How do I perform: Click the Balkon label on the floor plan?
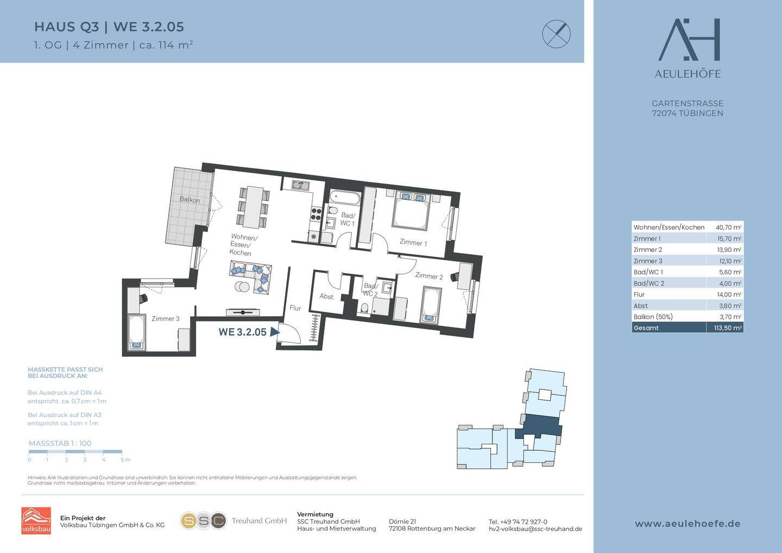pos(190,200)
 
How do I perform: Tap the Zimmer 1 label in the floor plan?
pos(413,242)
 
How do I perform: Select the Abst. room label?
pos(327,297)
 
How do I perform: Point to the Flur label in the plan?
pos(295,307)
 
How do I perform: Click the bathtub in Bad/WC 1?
pos(345,198)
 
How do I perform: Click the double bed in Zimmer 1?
pos(410,211)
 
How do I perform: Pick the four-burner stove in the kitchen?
pos(316,213)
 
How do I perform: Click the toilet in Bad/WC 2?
pos(364,309)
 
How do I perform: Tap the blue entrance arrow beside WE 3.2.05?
pos(275,332)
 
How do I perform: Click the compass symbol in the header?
pos(557,34)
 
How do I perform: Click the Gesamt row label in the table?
pos(646,328)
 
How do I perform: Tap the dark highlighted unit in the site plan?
pos(540,426)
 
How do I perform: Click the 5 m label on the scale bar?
pos(125,460)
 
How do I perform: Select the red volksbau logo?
pos(36,520)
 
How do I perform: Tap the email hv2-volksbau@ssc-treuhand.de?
pos(535,529)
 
